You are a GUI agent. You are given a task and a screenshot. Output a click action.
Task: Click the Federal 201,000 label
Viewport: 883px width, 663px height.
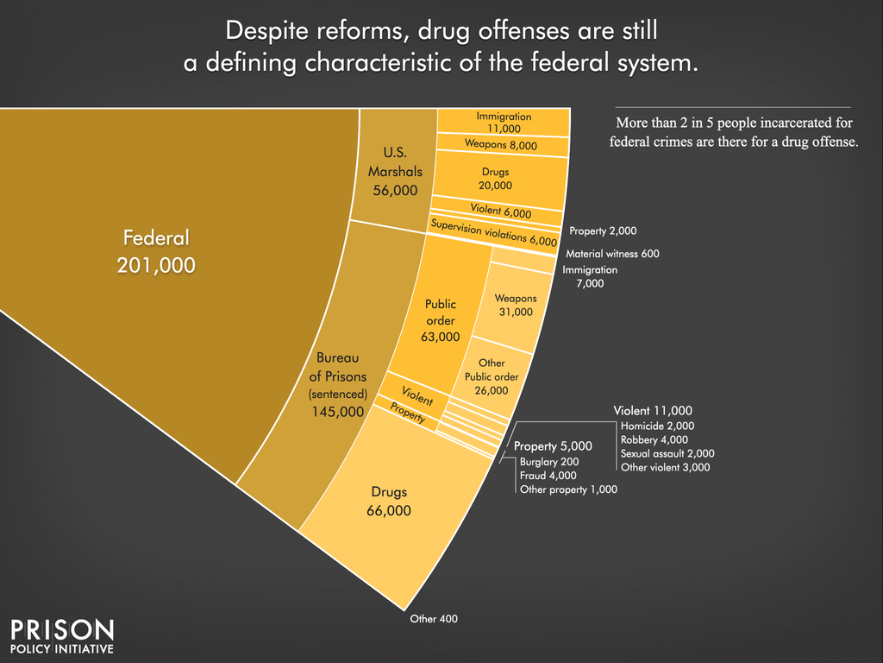156,251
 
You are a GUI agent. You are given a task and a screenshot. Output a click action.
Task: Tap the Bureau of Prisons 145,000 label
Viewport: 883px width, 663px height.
339,384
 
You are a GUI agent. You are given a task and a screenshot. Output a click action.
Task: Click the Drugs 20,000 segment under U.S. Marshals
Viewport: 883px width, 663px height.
496,179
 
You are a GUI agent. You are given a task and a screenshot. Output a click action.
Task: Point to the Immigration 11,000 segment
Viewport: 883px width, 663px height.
504,122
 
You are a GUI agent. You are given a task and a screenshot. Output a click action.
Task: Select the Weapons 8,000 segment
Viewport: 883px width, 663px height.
500,145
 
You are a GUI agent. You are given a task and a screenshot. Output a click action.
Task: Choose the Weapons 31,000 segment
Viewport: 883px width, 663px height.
516,305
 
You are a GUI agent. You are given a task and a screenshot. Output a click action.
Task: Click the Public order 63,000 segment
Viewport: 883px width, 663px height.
440,320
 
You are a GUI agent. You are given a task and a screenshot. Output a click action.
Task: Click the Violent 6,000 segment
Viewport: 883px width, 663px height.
500,210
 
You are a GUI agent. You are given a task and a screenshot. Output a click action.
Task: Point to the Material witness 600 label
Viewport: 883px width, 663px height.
612,254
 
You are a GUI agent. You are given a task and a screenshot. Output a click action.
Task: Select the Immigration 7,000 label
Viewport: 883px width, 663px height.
590,276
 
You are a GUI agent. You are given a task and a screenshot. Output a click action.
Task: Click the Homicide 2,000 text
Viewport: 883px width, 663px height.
657,426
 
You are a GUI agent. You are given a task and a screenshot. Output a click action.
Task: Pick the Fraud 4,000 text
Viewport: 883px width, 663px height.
548,476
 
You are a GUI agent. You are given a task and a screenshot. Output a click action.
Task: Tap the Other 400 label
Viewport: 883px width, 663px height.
434,619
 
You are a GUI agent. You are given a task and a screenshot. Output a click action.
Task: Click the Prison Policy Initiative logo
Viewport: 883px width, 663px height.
61,635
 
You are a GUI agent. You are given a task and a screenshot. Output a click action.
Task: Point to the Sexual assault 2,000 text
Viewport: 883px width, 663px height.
667,453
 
